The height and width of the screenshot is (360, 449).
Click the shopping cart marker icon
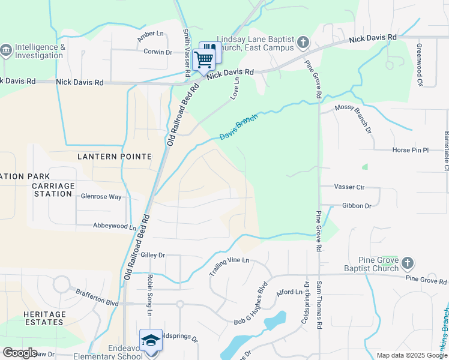click(x=204, y=58)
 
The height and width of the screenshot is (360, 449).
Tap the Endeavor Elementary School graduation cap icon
click(x=150, y=340)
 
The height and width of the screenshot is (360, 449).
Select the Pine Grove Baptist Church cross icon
click(x=407, y=263)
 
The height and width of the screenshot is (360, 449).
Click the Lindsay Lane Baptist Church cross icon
click(x=303, y=42)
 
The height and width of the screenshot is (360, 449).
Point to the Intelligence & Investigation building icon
click(x=7, y=48)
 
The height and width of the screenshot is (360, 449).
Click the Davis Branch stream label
click(x=238, y=127)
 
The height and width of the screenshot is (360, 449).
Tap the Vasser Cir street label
click(x=350, y=187)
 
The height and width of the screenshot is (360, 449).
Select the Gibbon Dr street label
click(x=357, y=206)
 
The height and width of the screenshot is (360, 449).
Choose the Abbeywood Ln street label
click(x=115, y=226)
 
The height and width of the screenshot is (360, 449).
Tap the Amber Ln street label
click(x=150, y=36)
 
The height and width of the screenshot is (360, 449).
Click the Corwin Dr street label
click(x=157, y=52)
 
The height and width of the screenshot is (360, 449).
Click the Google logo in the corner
click(x=20, y=352)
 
